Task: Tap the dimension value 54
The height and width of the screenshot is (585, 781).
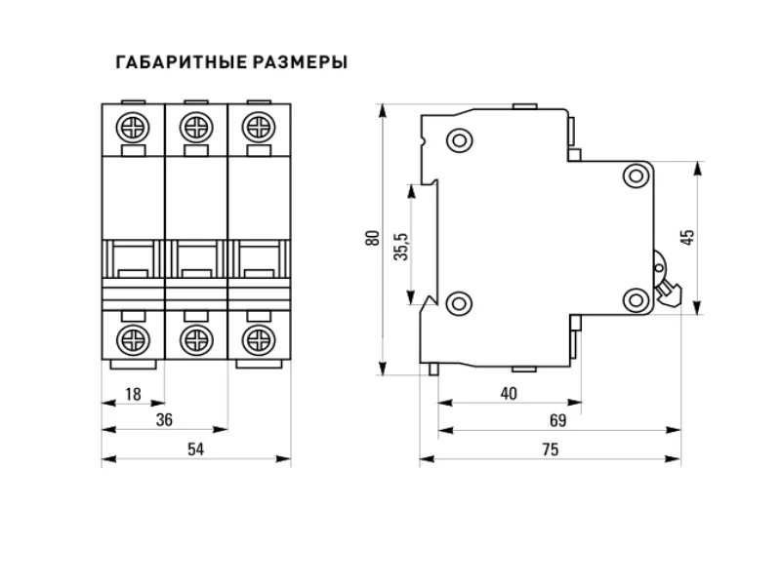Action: (195, 448)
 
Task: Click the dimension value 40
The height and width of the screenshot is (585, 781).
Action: (508, 393)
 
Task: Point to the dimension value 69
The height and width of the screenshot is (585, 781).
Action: (557, 420)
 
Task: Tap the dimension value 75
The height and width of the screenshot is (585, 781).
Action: (550, 448)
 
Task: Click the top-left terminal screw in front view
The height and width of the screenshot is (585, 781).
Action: (134, 127)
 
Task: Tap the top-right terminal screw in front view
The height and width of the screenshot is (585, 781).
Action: (259, 127)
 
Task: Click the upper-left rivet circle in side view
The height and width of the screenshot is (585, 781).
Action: (457, 140)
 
